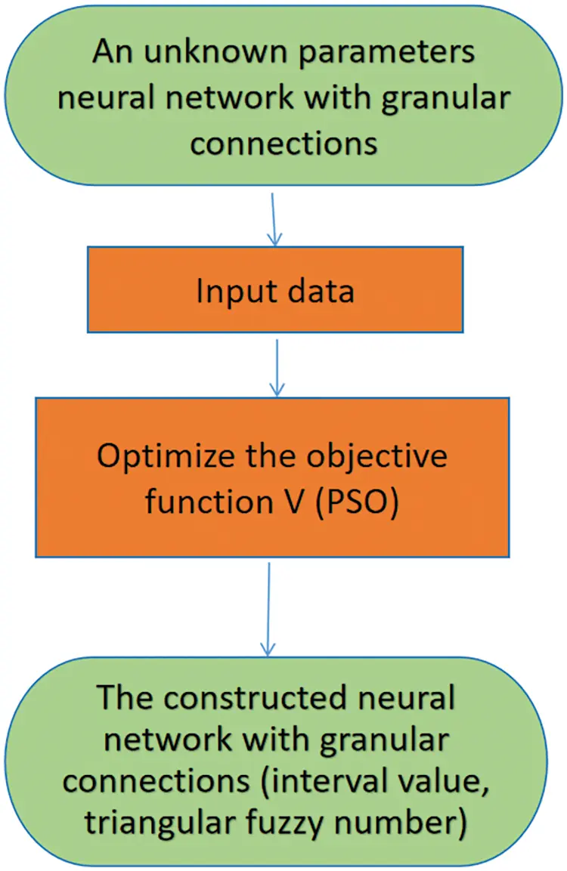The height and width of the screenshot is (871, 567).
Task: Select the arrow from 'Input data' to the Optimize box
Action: click(x=277, y=367)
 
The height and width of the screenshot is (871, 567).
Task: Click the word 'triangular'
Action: click(x=161, y=825)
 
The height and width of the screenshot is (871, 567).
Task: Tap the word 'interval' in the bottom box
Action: click(x=350, y=783)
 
